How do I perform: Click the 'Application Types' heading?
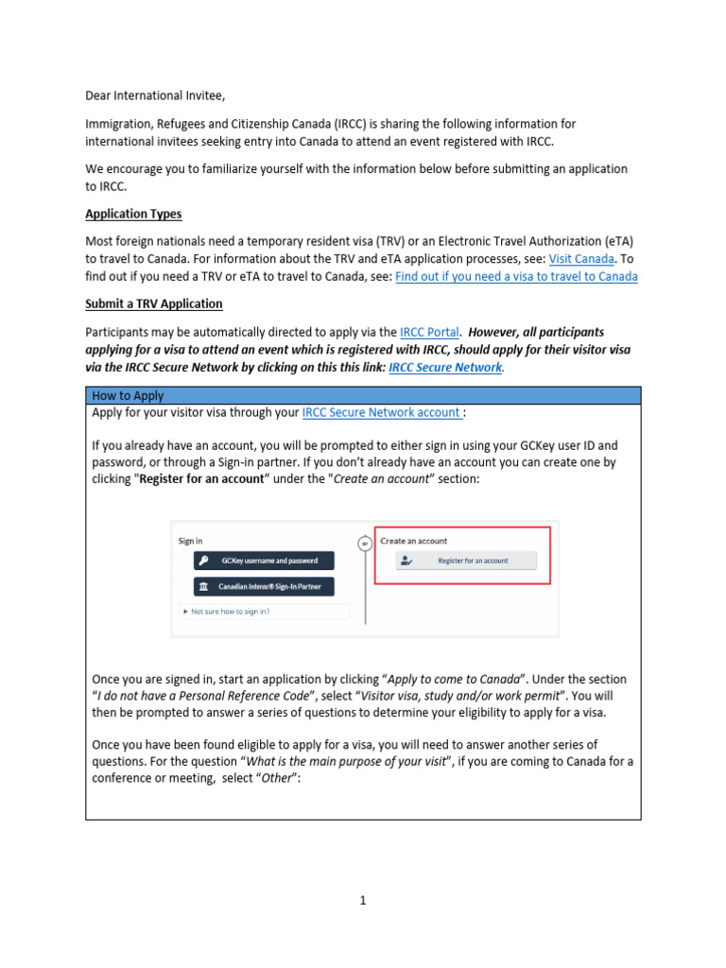pyautogui.click(x=133, y=214)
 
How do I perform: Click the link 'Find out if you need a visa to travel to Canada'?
pyautogui.click(x=516, y=276)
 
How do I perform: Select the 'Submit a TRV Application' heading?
pyautogui.click(x=154, y=303)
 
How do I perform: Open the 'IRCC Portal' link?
pyautogui.click(x=430, y=332)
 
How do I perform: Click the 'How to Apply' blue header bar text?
pyautogui.click(x=128, y=396)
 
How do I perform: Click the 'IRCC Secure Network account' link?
pyautogui.click(x=382, y=413)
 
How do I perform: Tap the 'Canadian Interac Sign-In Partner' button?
pyautogui.click(x=265, y=587)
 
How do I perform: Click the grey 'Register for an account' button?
pyautogui.click(x=465, y=561)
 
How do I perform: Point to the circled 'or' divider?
pyautogui.click(x=364, y=544)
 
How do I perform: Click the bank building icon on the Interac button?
pyautogui.click(x=204, y=587)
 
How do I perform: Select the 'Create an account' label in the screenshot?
pyautogui.click(x=413, y=541)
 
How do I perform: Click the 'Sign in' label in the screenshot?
pyautogui.click(x=190, y=541)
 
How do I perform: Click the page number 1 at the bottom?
pyautogui.click(x=362, y=901)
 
